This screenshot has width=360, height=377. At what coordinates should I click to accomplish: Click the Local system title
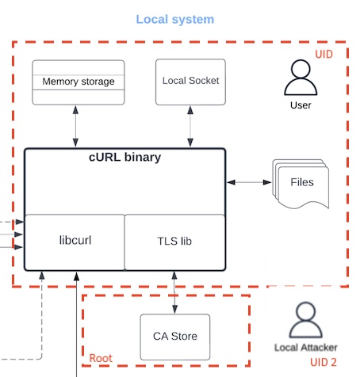[175, 19]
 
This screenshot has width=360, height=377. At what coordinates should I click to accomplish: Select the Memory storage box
[79, 82]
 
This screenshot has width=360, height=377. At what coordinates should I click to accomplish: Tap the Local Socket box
[190, 82]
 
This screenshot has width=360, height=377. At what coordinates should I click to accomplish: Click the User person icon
[301, 78]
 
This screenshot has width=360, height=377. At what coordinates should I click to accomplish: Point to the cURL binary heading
[124, 157]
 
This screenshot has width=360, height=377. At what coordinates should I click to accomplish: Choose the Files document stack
[301, 184]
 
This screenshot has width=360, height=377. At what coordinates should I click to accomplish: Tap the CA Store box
[175, 337]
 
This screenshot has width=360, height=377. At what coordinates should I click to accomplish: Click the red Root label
[101, 358]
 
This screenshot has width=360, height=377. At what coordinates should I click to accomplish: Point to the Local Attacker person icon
[306, 320]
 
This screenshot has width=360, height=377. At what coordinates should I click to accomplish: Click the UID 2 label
[324, 362]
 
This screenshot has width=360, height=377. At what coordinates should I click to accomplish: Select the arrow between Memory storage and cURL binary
[75, 127]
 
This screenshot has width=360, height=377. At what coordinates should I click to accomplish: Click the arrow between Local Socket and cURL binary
[190, 127]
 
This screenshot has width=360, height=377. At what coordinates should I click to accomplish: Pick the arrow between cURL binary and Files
[249, 182]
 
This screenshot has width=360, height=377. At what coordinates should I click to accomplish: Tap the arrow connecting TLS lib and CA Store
[174, 292]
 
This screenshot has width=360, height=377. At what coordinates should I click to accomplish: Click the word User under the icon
[301, 105]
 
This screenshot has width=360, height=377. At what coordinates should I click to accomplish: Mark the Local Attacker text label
[306, 348]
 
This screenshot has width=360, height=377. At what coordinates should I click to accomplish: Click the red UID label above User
[324, 54]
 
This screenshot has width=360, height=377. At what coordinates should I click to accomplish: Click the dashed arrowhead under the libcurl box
[42, 276]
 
